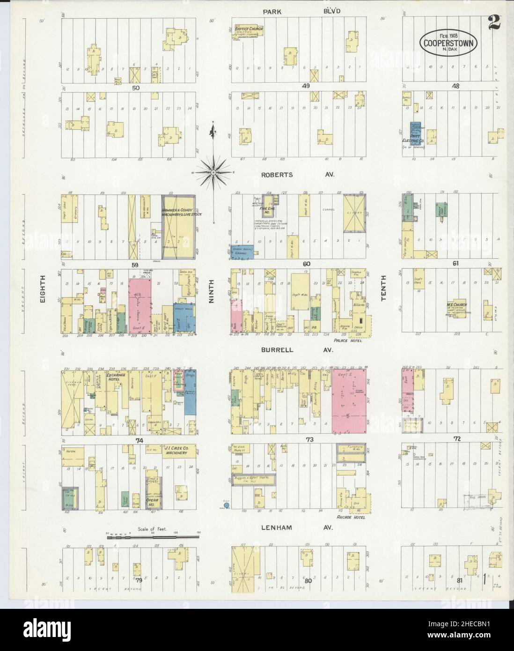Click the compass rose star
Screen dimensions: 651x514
pyautogui.click(x=213, y=172)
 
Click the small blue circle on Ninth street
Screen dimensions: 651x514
pyautogui.click(x=227, y=505)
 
